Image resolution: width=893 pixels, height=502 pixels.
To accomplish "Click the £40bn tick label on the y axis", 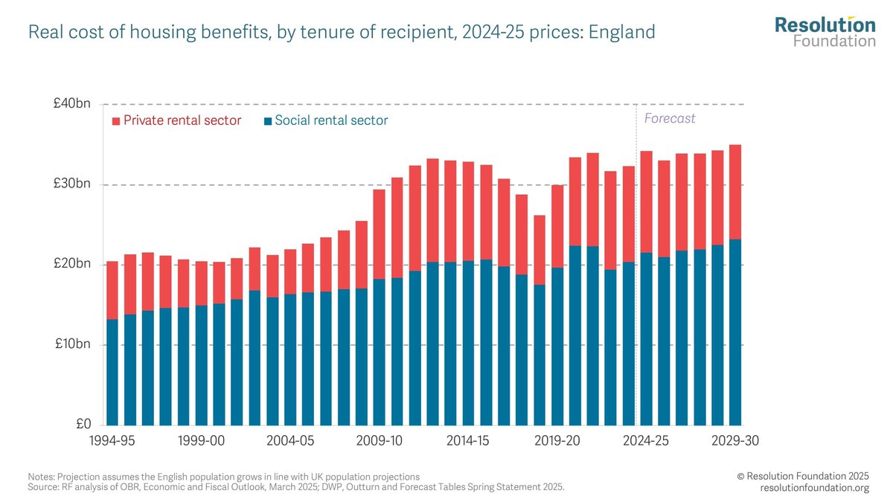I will click(71, 104).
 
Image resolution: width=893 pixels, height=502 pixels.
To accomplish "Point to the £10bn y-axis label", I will click(71, 344).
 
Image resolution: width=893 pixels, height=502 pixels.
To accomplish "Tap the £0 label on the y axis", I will click(81, 424).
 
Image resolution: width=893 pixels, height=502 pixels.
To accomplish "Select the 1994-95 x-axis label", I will click(112, 440).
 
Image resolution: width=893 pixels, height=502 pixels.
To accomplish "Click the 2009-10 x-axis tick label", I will click(379, 440).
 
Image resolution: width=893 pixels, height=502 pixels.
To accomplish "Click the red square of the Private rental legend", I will click(115, 120).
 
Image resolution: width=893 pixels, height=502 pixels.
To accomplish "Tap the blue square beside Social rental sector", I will click(267, 120).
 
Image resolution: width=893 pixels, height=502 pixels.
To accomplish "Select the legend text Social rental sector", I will click(331, 120).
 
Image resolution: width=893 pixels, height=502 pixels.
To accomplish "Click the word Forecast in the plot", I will click(669, 118).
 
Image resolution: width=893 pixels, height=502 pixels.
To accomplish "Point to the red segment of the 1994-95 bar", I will click(112, 290).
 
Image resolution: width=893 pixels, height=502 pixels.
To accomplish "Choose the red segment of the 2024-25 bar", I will click(646, 202).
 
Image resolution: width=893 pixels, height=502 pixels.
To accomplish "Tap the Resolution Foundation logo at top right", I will click(825, 31).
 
